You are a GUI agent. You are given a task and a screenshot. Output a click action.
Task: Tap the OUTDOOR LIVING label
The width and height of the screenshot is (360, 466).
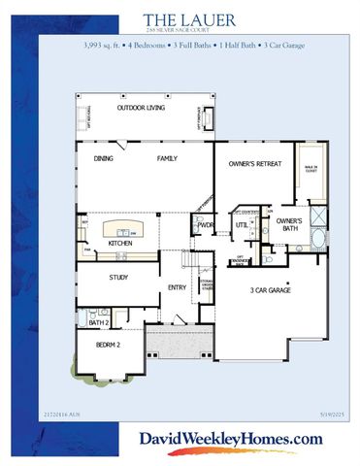(x=141, y=108)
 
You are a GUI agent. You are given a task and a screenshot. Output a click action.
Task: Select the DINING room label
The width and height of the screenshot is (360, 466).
(x=104, y=158)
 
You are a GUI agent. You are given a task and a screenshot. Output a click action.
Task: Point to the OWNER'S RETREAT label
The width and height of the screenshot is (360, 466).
(x=254, y=164)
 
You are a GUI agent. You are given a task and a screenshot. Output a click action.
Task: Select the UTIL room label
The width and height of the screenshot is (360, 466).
(x=241, y=225)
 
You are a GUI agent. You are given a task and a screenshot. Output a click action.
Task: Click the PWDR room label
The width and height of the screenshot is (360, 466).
(x=205, y=225)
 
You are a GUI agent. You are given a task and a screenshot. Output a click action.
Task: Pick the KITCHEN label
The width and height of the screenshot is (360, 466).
(x=120, y=243)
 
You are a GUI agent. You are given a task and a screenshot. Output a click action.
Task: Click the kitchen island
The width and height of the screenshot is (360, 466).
(x=124, y=227)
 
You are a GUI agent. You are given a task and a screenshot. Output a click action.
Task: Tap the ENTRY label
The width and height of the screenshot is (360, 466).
(x=177, y=286)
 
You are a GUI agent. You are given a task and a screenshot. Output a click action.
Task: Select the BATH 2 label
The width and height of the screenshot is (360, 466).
(x=97, y=322)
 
